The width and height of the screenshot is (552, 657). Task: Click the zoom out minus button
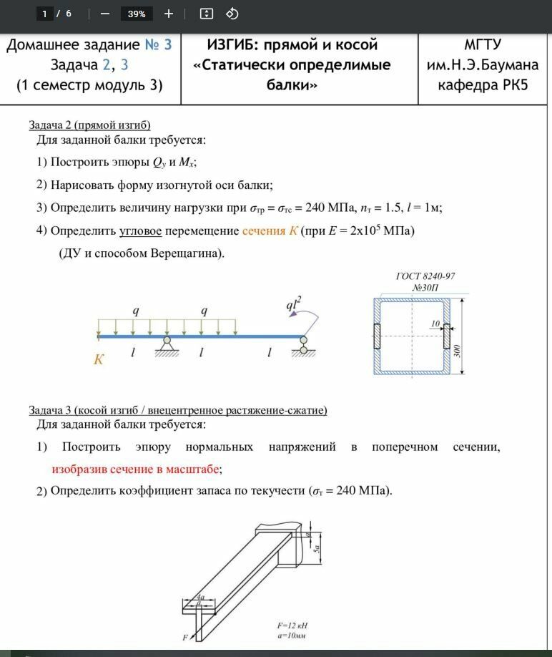pos(104,14)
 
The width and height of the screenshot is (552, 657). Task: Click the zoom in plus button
pos(169,14)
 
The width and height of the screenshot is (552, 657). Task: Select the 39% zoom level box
pos(137,14)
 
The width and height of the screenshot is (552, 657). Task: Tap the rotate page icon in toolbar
pos(232,14)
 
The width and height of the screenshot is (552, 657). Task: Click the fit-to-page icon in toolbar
pos(207,14)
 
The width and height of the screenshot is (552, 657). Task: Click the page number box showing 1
pos(45,14)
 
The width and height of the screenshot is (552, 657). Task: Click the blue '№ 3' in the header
pos(158,45)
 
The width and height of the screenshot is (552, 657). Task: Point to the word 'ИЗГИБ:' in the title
pos(233,45)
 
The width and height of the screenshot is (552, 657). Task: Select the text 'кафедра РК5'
pos(485,85)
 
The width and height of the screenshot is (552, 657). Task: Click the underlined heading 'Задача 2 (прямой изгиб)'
pos(89,125)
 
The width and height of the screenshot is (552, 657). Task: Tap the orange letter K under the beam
pos(99,359)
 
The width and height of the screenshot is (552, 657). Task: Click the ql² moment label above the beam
pos(294,306)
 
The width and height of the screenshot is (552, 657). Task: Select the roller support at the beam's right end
pos(304,346)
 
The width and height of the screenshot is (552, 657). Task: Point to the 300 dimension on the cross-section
pos(457,351)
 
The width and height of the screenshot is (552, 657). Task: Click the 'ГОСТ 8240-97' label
pos(425,276)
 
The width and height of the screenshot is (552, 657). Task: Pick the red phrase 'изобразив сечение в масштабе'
pos(136,469)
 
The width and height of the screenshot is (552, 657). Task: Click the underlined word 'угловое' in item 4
pos(142,230)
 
